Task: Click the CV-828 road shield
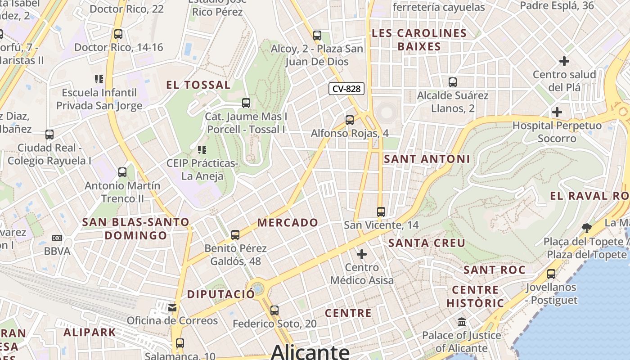346,89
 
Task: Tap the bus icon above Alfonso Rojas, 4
350,120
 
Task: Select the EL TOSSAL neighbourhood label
198,85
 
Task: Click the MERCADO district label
288,223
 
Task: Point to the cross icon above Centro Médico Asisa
362,254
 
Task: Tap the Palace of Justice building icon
462,322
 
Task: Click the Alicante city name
310,351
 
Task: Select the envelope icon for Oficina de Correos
172,308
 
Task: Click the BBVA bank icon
57,238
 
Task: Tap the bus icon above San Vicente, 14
381,211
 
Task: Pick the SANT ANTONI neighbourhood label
427,159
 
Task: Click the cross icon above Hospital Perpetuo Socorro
557,112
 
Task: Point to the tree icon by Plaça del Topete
586,228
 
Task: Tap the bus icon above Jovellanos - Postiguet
551,274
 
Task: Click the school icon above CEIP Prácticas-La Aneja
202,149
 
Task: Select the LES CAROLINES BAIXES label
419,40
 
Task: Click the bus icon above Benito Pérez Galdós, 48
235,235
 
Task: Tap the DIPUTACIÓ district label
221,294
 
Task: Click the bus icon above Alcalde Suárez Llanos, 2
453,82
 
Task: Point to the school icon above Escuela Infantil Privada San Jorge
99,80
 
